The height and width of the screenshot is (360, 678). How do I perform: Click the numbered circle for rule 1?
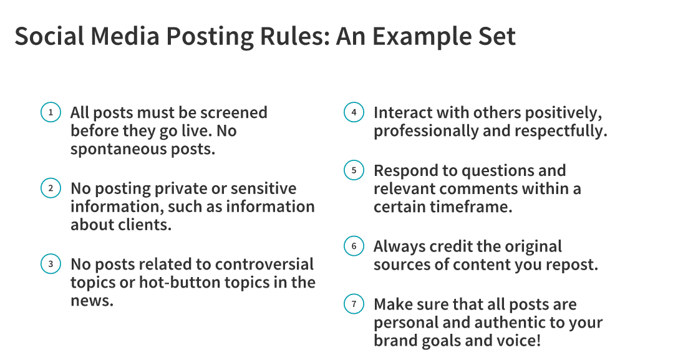tap(51, 112)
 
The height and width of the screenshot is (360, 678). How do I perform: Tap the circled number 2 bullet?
tap(51, 188)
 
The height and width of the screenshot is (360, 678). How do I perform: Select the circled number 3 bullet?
tap(51, 264)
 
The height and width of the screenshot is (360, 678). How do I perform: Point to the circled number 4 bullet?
tap(354, 112)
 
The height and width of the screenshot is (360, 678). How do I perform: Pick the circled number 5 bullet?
tap(354, 170)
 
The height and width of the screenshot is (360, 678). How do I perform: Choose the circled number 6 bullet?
tap(354, 246)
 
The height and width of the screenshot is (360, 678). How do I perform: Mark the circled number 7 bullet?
tap(354, 304)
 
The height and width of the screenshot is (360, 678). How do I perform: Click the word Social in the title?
tap(49, 36)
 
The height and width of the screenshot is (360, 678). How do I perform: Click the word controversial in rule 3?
tap(264, 264)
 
